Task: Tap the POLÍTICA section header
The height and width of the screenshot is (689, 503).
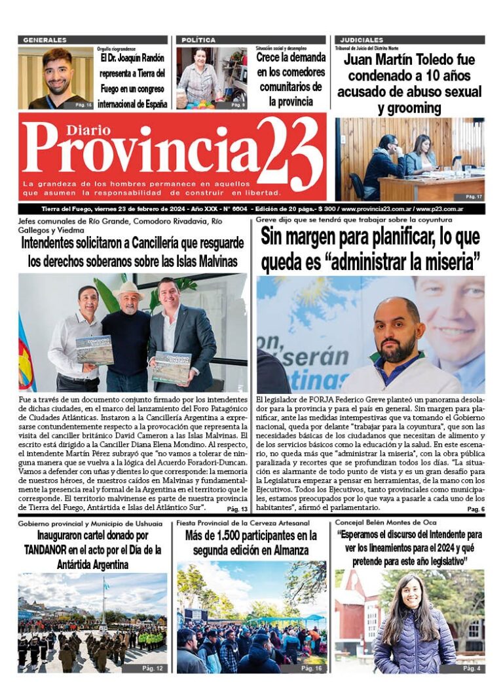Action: [198, 40]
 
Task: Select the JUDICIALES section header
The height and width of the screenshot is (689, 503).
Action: [360, 40]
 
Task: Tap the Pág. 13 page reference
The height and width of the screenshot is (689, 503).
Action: [237, 509]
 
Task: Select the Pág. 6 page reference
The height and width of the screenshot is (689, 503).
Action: [475, 509]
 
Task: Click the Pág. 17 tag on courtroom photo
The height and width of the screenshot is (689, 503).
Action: [474, 197]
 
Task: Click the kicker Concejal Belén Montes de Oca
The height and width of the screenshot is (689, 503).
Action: [381, 522]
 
